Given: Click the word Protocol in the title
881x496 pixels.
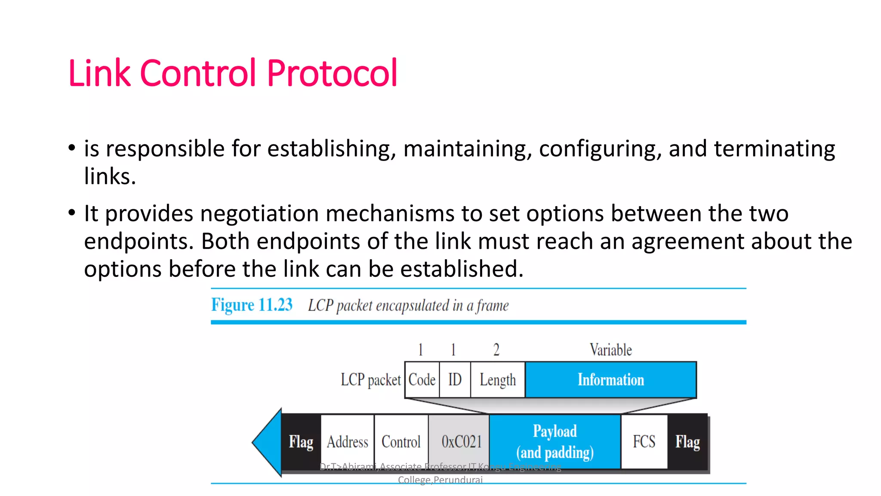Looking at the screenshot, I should click(x=332, y=73).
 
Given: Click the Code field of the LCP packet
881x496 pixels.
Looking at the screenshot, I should click(x=422, y=380).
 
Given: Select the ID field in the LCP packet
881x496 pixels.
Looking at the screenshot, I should click(x=455, y=380).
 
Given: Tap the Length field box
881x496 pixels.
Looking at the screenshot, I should click(x=498, y=380).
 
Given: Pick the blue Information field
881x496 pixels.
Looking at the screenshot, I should click(x=610, y=380).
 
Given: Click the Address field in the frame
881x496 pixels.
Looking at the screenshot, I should click(x=348, y=442).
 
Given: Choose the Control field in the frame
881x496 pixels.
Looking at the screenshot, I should click(x=401, y=442).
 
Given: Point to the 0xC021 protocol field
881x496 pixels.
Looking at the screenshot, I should click(x=461, y=442).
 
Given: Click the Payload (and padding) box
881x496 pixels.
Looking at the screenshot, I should click(x=555, y=442).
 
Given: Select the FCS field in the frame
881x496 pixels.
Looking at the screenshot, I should click(x=644, y=442).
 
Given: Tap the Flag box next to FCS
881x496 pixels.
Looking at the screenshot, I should click(x=687, y=442).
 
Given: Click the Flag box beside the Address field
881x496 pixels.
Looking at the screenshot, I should click(x=301, y=442).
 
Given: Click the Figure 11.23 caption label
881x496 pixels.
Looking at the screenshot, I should click(x=252, y=305).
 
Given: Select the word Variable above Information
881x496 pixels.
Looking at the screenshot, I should click(x=611, y=350).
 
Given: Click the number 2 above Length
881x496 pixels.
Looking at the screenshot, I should click(x=496, y=350).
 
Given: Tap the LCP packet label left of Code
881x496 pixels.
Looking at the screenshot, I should click(x=371, y=380).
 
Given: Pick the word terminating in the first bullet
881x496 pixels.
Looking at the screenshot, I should click(x=774, y=149).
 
